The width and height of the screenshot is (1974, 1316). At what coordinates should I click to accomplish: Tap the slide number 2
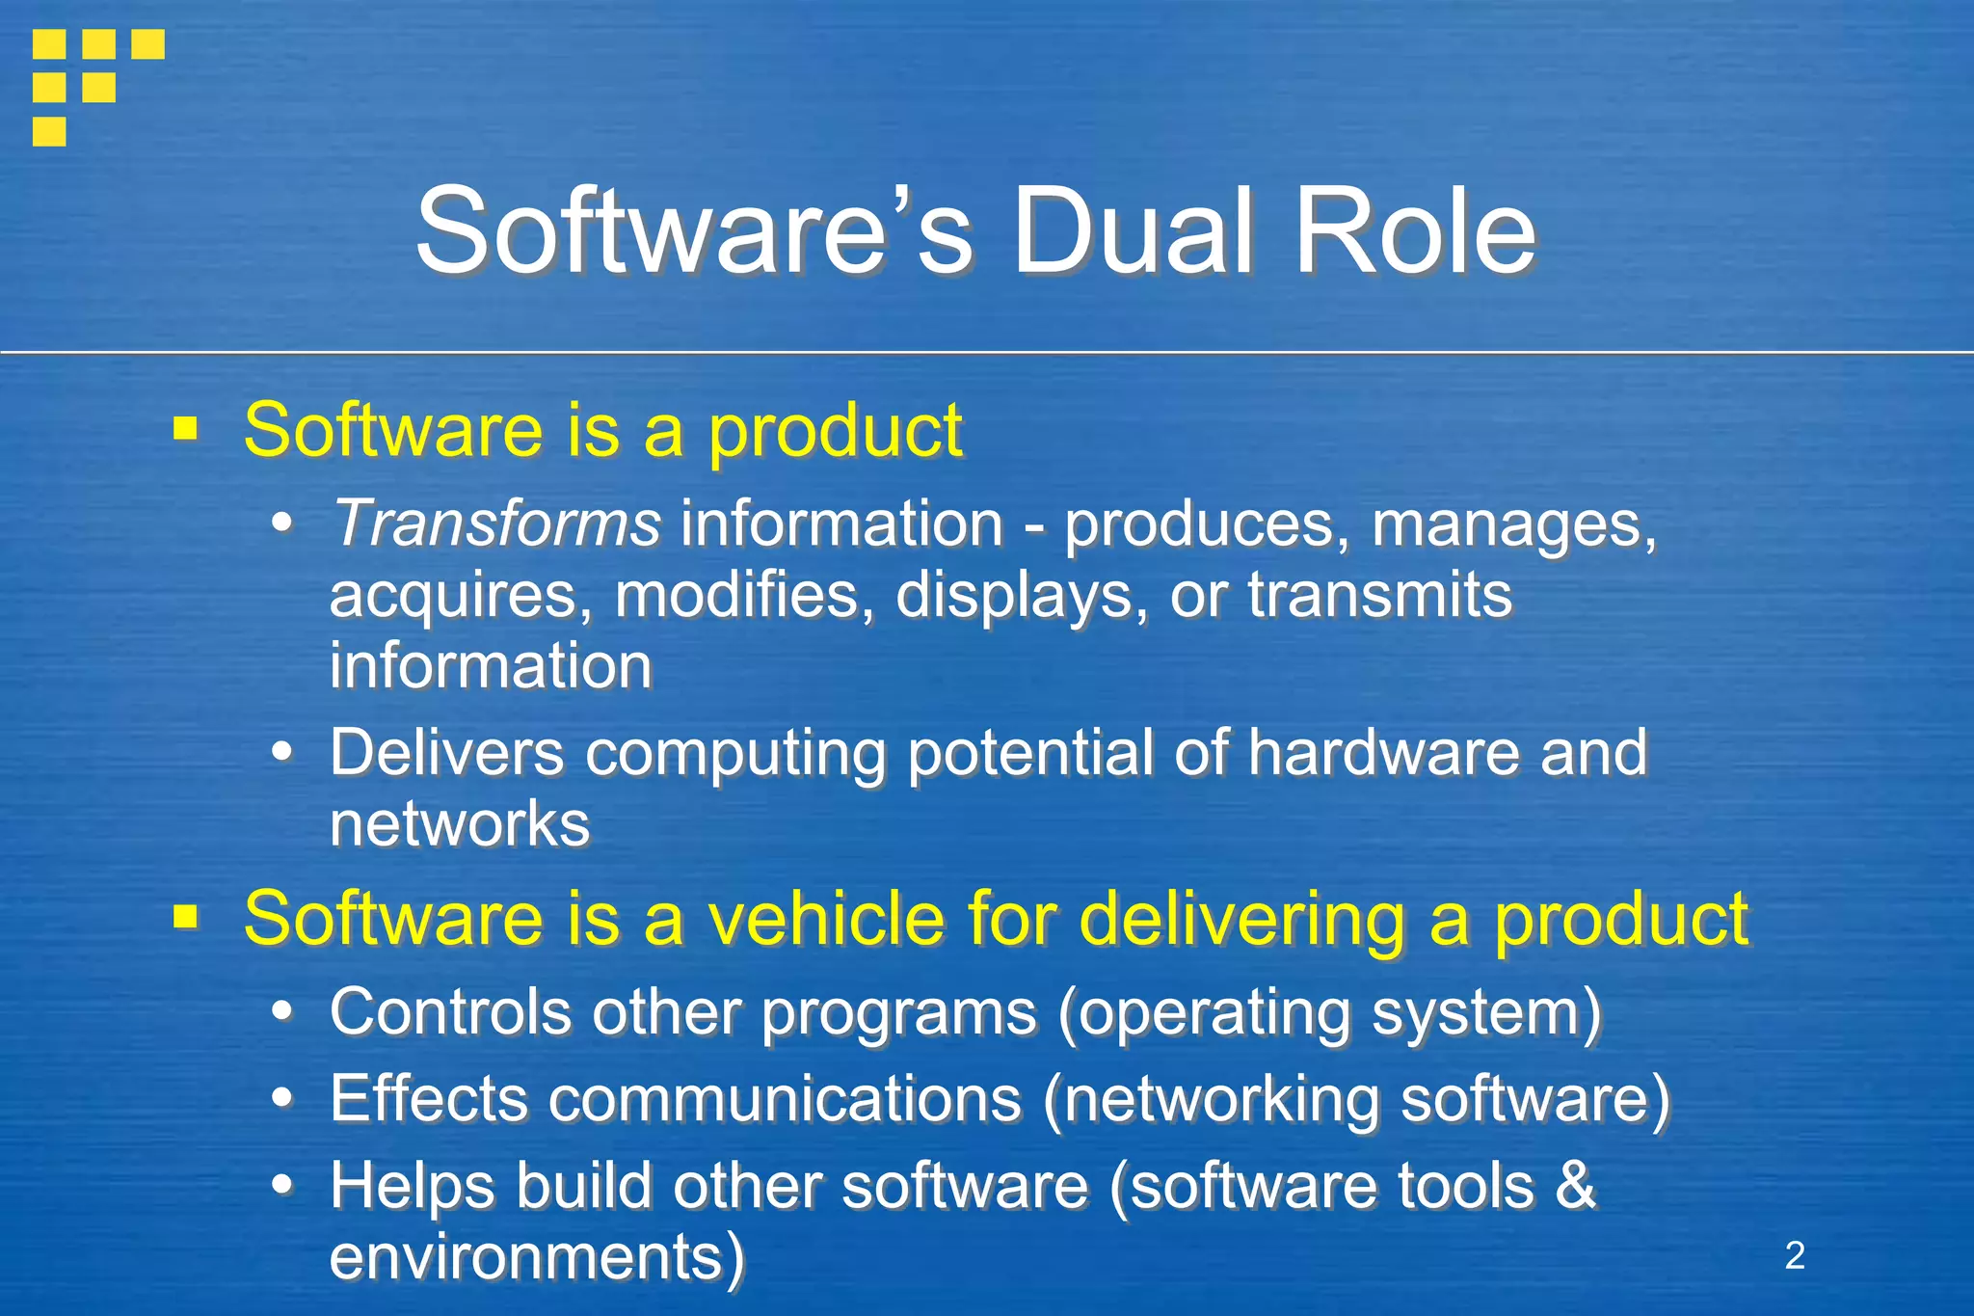(x=1795, y=1255)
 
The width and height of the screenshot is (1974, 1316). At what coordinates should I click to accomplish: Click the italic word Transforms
(x=496, y=524)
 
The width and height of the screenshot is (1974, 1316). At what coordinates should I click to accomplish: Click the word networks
(x=460, y=824)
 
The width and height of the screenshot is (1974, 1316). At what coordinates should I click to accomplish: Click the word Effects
(x=429, y=1098)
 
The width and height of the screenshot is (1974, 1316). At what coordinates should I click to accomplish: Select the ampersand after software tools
(x=1575, y=1185)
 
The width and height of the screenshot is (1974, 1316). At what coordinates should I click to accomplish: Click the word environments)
(x=537, y=1256)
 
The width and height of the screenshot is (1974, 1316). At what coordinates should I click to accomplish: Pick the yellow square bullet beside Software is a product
(x=185, y=428)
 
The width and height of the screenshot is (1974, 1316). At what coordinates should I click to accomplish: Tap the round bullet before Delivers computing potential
(x=281, y=752)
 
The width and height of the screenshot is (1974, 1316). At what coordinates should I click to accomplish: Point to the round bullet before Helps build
(x=281, y=1185)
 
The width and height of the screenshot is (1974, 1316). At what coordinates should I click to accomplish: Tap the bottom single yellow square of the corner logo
(x=49, y=131)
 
